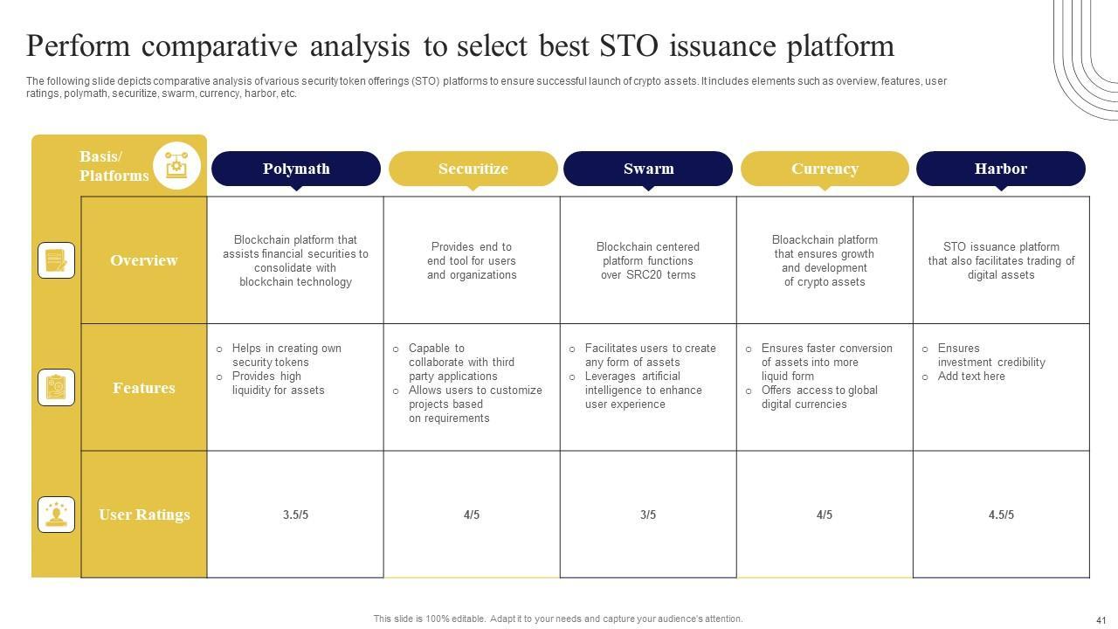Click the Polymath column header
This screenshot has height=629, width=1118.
(296, 169)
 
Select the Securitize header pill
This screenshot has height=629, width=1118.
(473, 169)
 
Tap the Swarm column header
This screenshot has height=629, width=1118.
(648, 169)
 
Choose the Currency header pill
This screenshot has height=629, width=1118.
(825, 169)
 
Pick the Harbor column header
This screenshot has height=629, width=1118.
(1001, 169)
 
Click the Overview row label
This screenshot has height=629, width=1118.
(144, 260)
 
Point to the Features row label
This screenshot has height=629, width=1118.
(144, 387)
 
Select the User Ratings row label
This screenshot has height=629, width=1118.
(144, 515)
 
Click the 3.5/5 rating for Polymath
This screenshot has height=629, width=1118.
(295, 515)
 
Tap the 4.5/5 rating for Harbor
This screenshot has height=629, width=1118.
(1001, 515)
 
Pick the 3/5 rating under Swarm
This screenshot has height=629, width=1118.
(648, 515)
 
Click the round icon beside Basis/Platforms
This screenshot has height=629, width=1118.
(176, 166)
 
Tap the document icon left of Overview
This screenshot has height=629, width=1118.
(57, 260)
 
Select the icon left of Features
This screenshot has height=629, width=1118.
(57, 387)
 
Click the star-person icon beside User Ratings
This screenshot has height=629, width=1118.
(57, 515)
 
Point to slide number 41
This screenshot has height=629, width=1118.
(1101, 620)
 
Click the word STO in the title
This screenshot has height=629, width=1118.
(629, 46)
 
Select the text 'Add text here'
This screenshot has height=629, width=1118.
(971, 377)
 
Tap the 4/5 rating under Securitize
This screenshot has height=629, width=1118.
(472, 515)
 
